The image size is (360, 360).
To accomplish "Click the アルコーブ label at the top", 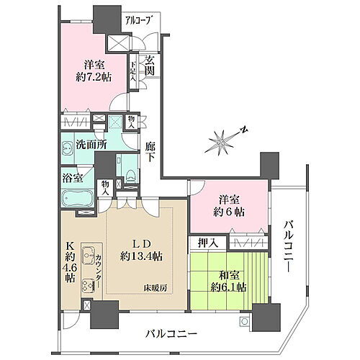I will point(137,20).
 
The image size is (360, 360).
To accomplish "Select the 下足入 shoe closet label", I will point(133,70).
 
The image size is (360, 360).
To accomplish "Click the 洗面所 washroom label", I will point(91,144).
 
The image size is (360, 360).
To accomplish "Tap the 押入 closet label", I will point(204,243).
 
